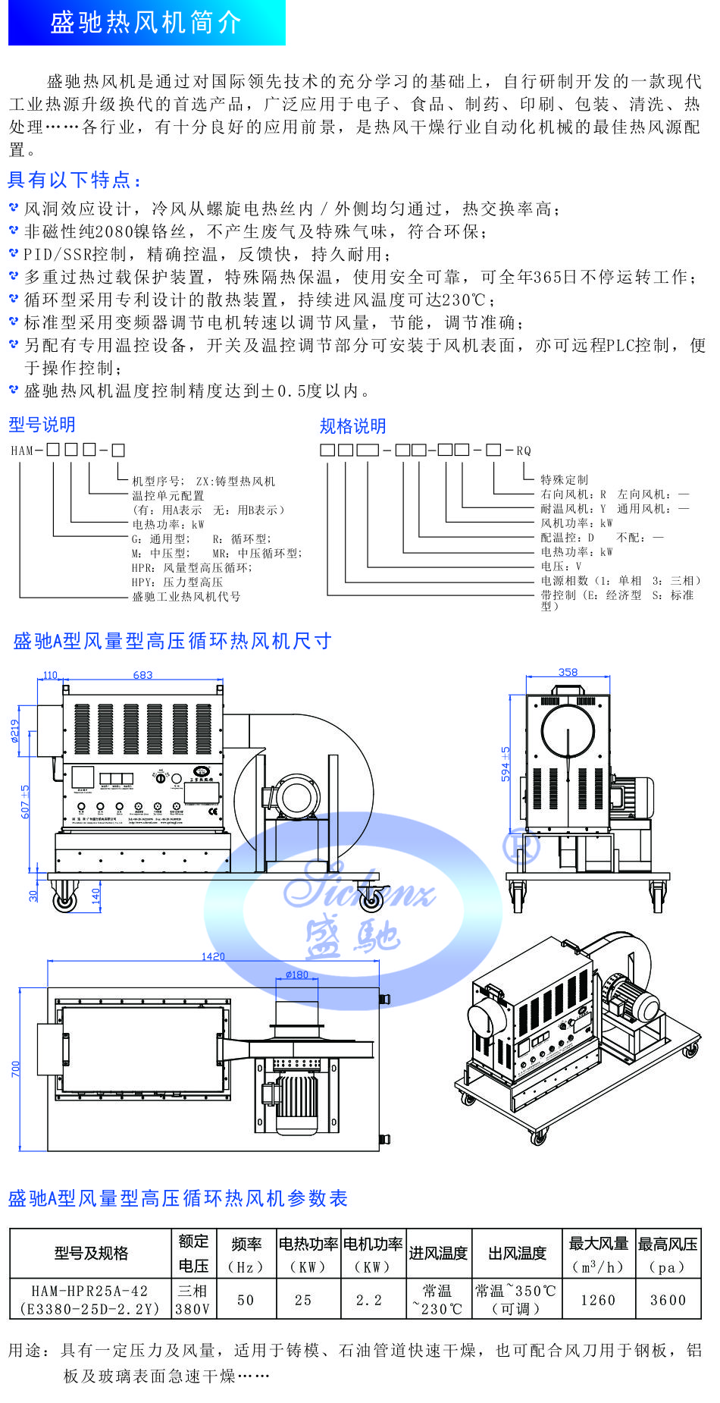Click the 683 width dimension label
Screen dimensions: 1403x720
(142, 675)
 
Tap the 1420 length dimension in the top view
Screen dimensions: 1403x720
(213, 956)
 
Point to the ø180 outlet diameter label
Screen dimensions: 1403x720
(297, 975)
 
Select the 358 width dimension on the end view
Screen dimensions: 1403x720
(568, 672)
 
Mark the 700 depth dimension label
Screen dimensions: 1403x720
(16, 1069)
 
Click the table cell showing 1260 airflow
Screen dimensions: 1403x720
(598, 1300)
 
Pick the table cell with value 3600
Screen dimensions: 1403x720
(668, 1300)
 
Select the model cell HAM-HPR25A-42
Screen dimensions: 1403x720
(90, 1299)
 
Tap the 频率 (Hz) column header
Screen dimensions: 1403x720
(246, 1255)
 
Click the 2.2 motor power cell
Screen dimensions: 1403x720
(369, 1300)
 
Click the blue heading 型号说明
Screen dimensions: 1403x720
(42, 425)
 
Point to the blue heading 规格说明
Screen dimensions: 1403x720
(352, 426)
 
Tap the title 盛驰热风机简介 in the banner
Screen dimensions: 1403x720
(146, 23)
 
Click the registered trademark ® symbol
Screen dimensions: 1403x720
(521, 846)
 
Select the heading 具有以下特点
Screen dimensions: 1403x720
(74, 180)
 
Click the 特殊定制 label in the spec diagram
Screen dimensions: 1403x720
(564, 479)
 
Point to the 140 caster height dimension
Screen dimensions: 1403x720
(95, 896)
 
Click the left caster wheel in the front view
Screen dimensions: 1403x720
(64, 900)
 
